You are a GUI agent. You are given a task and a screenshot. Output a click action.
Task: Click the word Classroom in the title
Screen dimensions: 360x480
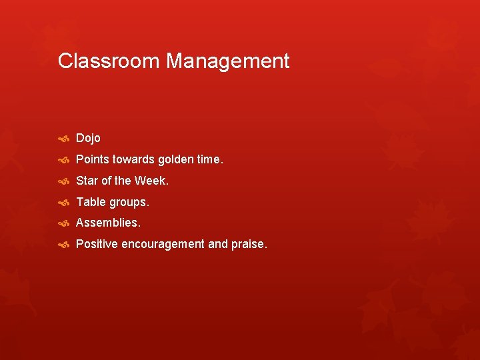tap(109, 61)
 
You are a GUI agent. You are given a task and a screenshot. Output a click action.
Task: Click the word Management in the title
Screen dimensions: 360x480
tap(228, 61)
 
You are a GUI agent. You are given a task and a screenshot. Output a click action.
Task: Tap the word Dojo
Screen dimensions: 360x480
tap(88, 138)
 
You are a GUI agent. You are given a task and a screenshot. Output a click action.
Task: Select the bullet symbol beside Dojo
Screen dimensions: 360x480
tap(64, 139)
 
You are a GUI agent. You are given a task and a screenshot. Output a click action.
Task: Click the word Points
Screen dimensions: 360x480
tap(92, 159)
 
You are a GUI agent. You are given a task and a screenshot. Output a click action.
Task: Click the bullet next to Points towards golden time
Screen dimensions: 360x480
tap(64, 160)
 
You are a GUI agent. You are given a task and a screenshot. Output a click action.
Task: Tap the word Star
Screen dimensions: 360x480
tap(87, 181)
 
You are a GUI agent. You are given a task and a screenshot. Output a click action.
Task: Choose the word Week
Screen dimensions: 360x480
tap(151, 181)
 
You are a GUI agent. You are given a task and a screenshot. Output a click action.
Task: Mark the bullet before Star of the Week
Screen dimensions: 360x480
tap(64, 181)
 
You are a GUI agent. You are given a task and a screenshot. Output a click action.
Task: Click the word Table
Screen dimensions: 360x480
tap(91, 201)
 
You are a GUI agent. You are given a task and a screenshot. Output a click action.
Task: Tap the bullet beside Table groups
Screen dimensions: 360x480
tap(64, 202)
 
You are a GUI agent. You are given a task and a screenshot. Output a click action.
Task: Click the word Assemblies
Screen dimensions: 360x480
tap(108, 223)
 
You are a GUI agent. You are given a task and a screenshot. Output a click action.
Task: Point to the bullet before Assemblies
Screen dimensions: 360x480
tap(64, 223)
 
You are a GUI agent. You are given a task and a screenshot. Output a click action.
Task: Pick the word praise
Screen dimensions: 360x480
tap(249, 245)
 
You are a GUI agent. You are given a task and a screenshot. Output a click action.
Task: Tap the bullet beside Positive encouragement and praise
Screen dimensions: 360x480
tap(64, 245)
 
